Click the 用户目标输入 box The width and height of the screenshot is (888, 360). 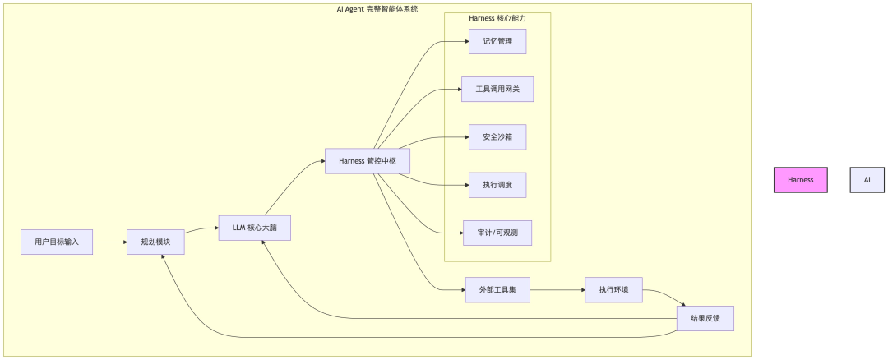click(x=57, y=242)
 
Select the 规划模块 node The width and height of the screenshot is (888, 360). click(x=155, y=242)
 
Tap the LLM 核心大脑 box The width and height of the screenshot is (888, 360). click(x=254, y=227)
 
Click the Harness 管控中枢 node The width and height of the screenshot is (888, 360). click(x=368, y=161)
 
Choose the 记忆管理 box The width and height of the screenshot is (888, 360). click(x=497, y=41)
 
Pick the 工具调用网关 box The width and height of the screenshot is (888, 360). click(x=497, y=89)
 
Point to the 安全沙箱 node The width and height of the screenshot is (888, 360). click(x=497, y=137)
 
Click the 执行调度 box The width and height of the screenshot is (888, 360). click(x=497, y=185)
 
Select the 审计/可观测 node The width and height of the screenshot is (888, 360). click(x=497, y=233)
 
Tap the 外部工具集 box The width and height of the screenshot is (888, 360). click(x=497, y=289)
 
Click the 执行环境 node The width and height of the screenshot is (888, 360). click(x=613, y=289)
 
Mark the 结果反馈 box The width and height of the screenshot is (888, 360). click(x=705, y=318)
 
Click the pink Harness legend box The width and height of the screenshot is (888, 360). click(x=800, y=179)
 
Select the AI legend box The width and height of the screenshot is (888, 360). click(x=867, y=179)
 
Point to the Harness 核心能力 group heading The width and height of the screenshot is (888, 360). click(x=497, y=18)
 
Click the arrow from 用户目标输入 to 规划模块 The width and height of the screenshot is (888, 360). click(x=109, y=242)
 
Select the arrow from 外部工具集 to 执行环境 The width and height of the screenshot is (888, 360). click(x=557, y=289)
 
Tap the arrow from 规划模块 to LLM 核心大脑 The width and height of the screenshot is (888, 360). click(x=201, y=230)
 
